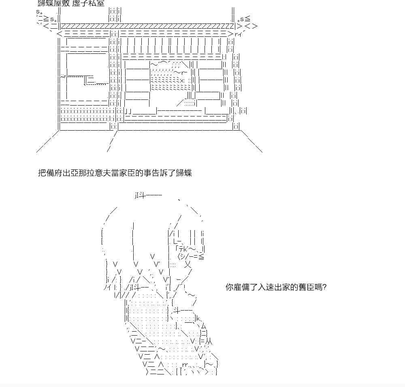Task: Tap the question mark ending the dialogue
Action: (x=324, y=288)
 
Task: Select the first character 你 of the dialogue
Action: (x=229, y=288)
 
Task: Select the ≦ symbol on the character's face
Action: (x=201, y=256)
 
